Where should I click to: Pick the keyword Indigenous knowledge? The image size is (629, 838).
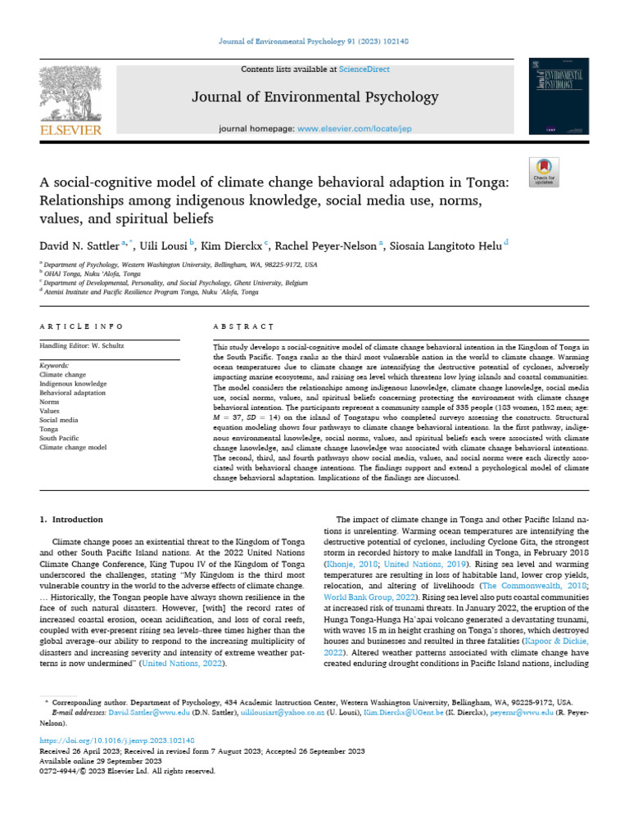click(x=74, y=383)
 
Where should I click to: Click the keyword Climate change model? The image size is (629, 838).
click(x=75, y=447)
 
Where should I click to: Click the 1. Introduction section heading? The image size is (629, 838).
click(x=72, y=520)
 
